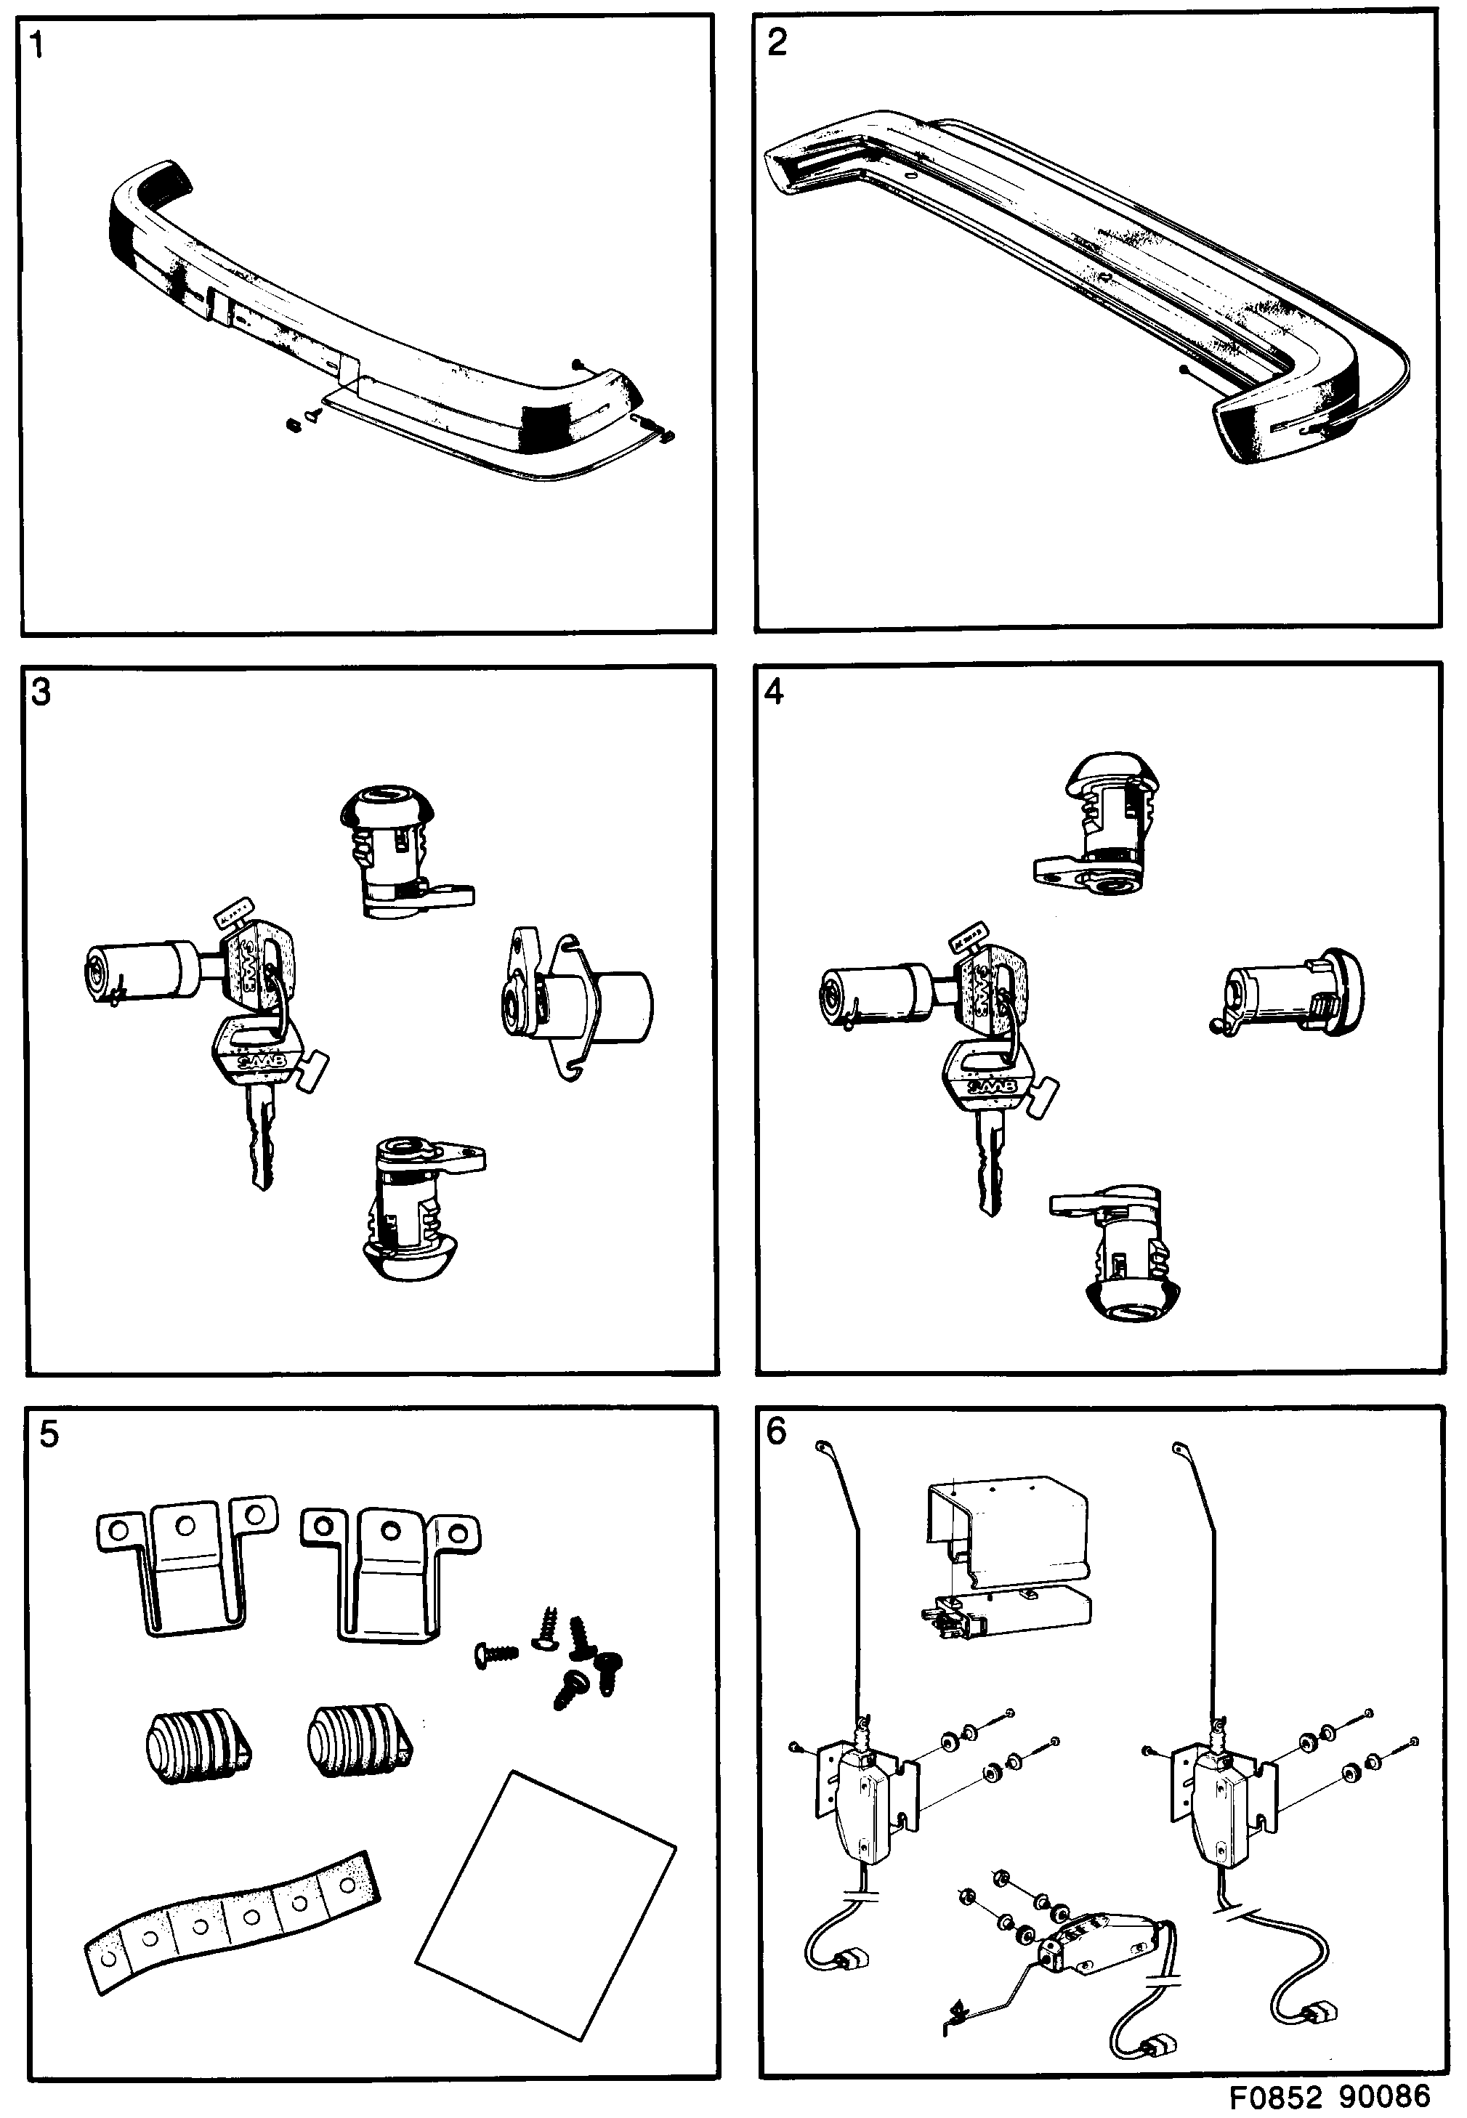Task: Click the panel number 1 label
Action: click(37, 45)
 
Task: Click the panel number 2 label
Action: click(777, 43)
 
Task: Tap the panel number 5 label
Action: click(49, 1434)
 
